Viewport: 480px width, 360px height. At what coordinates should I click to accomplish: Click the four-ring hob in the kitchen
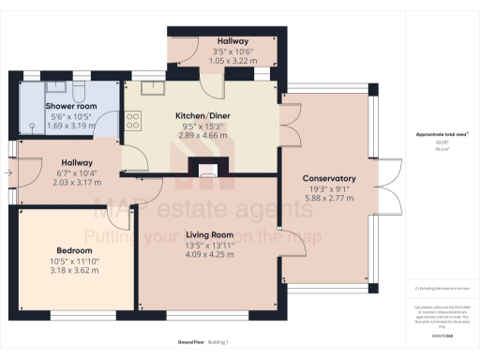(132, 120)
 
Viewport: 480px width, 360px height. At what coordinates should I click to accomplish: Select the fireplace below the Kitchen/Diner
(206, 169)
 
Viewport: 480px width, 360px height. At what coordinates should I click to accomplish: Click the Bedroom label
(74, 250)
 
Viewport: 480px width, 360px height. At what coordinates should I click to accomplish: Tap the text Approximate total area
(441, 135)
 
